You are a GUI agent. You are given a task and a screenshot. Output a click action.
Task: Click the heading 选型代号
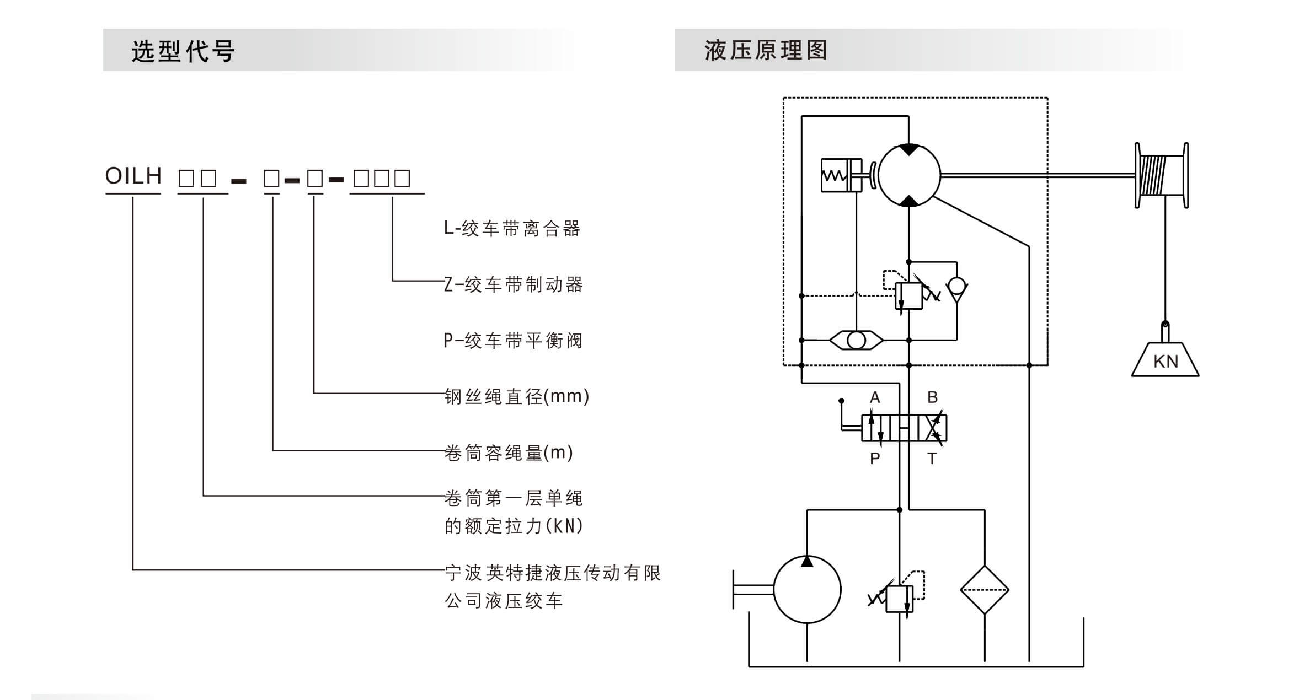(x=183, y=51)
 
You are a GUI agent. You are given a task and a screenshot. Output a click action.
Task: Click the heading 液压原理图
(x=766, y=50)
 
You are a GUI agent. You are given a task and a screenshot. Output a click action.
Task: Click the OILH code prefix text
(x=133, y=176)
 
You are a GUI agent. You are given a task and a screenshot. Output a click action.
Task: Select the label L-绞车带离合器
(x=512, y=228)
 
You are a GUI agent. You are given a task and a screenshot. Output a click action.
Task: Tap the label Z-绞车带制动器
(x=514, y=284)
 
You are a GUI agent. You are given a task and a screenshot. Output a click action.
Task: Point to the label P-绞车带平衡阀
(x=513, y=341)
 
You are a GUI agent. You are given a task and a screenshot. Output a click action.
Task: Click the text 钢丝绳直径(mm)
(x=517, y=396)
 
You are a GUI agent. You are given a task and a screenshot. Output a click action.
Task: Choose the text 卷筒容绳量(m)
(x=509, y=453)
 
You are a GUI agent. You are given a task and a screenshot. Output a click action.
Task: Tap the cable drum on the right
(x=1161, y=175)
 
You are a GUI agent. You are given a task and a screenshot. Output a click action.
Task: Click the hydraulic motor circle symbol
(x=908, y=175)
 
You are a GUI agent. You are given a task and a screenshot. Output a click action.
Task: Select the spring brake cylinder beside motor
(x=841, y=175)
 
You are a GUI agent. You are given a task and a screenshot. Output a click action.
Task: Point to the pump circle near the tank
(x=807, y=589)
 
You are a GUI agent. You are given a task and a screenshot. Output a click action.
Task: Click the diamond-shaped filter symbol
(x=985, y=590)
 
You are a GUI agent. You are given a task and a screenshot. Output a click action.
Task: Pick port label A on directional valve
(x=875, y=397)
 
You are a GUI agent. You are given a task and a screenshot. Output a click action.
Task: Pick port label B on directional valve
(x=932, y=397)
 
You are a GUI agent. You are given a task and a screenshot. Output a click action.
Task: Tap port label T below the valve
(x=932, y=459)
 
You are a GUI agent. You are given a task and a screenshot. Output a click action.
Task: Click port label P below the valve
(x=875, y=459)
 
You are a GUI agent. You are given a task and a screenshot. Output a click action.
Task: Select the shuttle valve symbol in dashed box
(x=856, y=340)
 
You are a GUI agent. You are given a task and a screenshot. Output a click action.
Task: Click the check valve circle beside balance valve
(x=956, y=286)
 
